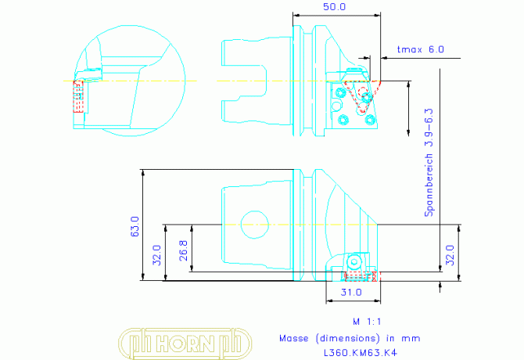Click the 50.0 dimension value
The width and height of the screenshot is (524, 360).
(x=334, y=7)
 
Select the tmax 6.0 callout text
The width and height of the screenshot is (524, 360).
(x=421, y=49)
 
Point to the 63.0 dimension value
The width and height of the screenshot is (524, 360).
(x=135, y=226)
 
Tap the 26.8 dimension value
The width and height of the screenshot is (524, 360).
(x=184, y=250)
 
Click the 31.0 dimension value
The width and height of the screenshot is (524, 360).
(x=351, y=292)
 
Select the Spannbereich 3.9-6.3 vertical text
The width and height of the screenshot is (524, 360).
(x=429, y=163)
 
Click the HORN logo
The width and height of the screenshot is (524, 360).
(x=185, y=343)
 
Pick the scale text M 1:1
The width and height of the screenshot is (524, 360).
(x=367, y=322)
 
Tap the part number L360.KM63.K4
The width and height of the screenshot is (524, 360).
(x=361, y=353)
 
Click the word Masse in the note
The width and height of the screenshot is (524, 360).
(x=294, y=338)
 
